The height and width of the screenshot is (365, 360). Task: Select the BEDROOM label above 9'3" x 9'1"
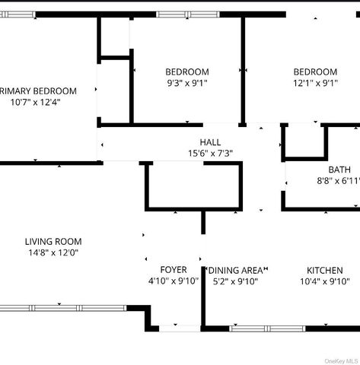187,72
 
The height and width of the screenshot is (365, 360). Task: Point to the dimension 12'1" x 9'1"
315,83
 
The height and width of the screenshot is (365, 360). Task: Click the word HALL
210,142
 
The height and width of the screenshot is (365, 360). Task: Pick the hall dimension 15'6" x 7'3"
210,153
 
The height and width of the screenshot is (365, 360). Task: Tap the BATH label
339,170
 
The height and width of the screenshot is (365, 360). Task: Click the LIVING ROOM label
53,242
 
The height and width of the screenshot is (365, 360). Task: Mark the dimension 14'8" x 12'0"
53,252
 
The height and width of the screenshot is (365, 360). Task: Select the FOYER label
173,270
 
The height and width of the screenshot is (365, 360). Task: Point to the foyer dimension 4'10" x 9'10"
173,281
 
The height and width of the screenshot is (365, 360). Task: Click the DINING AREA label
237,270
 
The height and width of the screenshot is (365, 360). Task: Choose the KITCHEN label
324,270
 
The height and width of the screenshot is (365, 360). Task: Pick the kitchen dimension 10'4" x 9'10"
324,281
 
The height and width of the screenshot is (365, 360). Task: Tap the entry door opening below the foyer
180,328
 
